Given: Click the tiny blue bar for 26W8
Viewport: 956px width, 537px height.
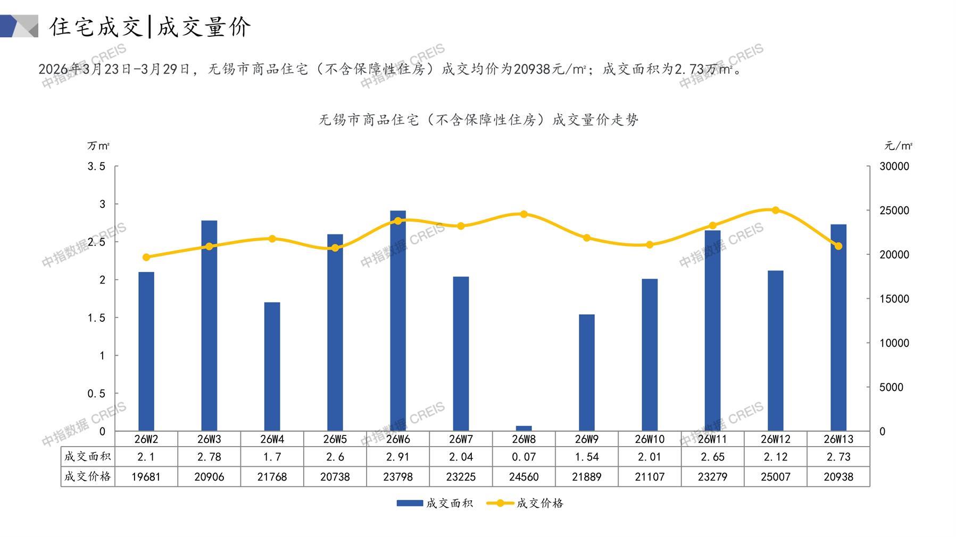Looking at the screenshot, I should coord(523,428).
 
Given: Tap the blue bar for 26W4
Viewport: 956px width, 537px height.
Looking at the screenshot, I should coord(272,366).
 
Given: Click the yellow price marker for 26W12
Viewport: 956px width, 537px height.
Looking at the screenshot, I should coord(775,210).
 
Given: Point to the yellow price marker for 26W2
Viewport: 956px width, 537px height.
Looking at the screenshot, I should coord(146,257).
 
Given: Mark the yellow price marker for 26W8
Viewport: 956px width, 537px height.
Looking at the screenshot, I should coord(523,214).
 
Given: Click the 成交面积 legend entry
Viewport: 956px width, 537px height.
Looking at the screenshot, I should coord(435,503).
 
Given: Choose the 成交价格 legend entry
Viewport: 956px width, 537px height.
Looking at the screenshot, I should coord(525,503).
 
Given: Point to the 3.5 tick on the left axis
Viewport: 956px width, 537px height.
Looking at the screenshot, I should coord(96,166).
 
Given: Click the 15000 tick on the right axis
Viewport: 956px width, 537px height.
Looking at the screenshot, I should coord(894,299).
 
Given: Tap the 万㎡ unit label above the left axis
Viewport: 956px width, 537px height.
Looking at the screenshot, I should coord(98,146).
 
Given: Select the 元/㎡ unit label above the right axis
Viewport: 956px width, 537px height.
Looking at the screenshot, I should coord(898,146).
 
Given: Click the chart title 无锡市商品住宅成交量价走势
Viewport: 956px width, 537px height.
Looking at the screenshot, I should coord(478,120).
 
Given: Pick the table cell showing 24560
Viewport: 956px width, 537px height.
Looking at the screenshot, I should coord(523,477).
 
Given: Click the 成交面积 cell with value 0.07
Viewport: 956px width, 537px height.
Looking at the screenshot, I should coord(523,457).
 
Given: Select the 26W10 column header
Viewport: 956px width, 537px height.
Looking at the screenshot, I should coord(650,439).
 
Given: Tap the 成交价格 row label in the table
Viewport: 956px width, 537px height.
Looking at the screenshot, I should coord(88,476).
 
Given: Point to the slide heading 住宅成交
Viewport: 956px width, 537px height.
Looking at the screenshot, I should coord(96,27).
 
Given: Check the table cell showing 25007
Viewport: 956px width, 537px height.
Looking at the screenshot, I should coord(775,477).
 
